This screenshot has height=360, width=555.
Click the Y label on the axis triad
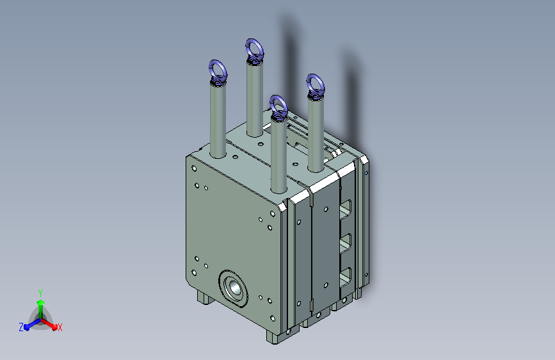40,293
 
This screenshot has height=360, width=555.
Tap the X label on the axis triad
60,327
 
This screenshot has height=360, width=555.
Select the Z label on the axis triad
21,327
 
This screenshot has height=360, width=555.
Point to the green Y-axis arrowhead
41,302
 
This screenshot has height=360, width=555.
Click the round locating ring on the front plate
233,288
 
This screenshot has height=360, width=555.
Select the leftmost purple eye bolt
218,72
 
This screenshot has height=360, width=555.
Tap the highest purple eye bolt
255,51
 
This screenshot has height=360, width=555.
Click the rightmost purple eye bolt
316,86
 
